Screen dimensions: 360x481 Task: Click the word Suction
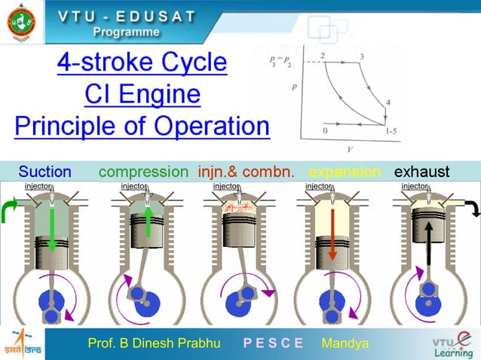pyautogui.click(x=44, y=171)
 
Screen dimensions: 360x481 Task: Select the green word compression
pyautogui.click(x=143, y=171)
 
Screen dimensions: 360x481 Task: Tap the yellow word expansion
pyautogui.click(x=345, y=171)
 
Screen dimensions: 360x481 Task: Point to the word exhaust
pyautogui.click(x=422, y=171)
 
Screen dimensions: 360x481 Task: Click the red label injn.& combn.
pyautogui.click(x=246, y=171)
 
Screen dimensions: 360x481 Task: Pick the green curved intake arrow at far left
pyautogui.click(x=10, y=208)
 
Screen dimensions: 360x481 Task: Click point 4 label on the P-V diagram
pyautogui.click(x=388, y=102)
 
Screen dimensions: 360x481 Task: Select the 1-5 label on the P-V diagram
pyautogui.click(x=392, y=131)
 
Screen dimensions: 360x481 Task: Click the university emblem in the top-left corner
pyautogui.click(x=20, y=23)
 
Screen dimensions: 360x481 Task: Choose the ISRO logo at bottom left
pyautogui.click(x=23, y=343)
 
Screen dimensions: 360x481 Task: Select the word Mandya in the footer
pyautogui.click(x=345, y=343)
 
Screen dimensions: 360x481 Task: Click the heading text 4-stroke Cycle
pyautogui.click(x=142, y=63)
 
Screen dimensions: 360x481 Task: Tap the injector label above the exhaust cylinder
pyautogui.click(x=414, y=186)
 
